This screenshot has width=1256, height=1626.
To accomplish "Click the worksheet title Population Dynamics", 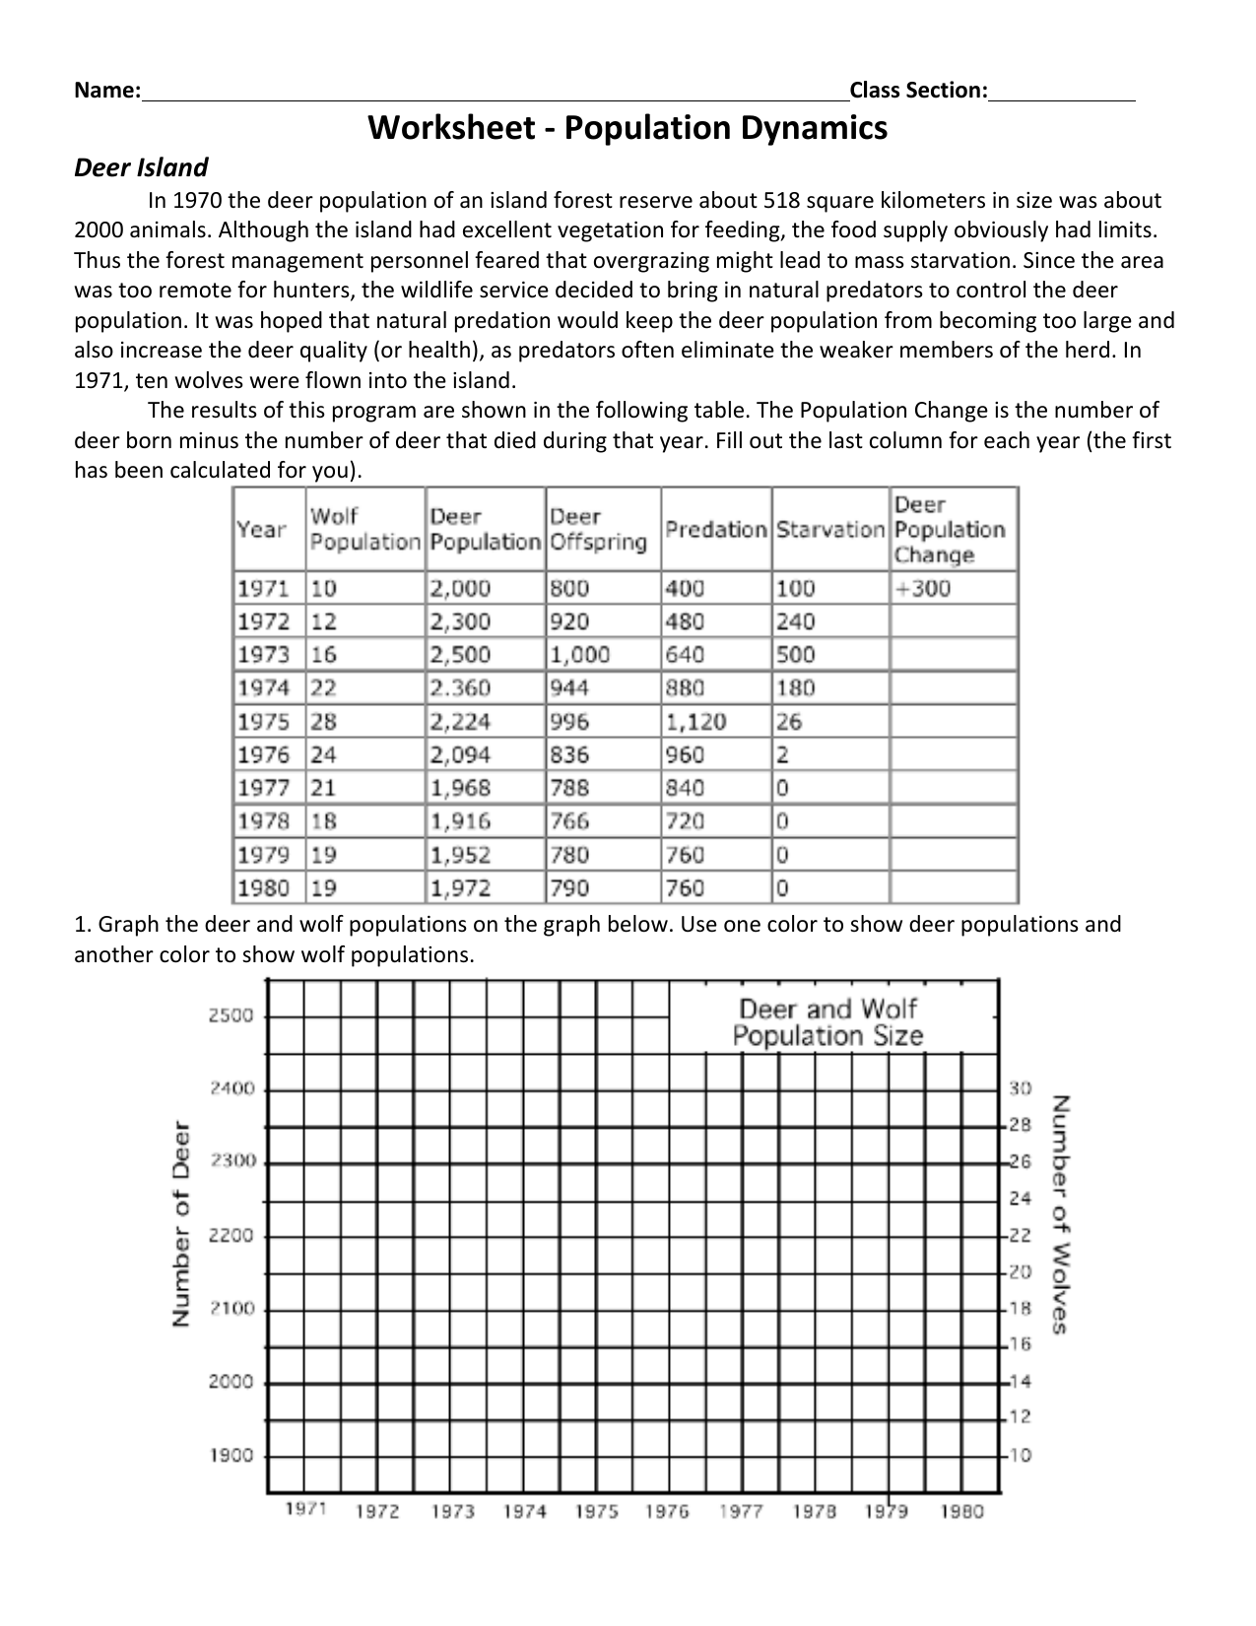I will [x=628, y=128].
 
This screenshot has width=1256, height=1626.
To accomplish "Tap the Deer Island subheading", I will [x=141, y=167].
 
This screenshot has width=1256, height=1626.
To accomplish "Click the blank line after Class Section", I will [x=1062, y=92].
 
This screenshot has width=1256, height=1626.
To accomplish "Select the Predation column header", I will [x=715, y=529].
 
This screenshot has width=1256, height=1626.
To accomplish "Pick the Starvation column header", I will [x=829, y=529].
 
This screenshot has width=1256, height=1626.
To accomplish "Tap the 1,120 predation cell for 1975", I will [x=695, y=722].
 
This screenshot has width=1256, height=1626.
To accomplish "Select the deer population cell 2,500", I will [x=460, y=655].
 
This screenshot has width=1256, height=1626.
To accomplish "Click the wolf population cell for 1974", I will [x=324, y=688].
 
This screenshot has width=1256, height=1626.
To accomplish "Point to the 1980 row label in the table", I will [x=263, y=888].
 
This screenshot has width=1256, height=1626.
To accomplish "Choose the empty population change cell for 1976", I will [x=952, y=755].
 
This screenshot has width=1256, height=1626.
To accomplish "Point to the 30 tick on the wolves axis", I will [x=1020, y=1088].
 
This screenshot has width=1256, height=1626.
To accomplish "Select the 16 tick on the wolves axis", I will [x=1020, y=1343].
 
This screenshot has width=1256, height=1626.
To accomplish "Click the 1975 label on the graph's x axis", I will [x=596, y=1512].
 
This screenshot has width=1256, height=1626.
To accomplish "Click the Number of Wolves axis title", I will [x=1061, y=1214].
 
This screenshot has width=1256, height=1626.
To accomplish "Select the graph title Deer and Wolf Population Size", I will [x=827, y=1022].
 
